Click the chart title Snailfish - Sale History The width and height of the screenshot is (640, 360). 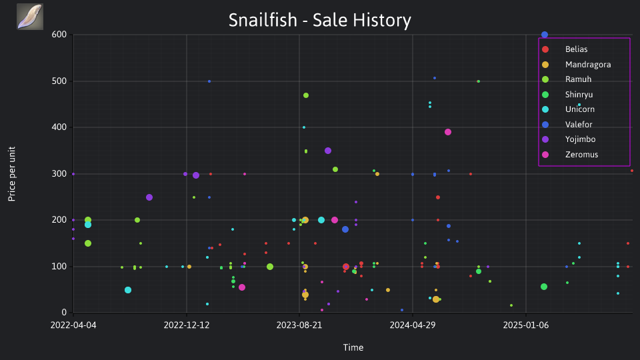(319, 20)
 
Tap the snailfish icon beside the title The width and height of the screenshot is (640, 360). (30, 17)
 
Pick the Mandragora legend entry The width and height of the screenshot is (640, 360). (576, 65)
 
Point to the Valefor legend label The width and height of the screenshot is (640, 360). (579, 125)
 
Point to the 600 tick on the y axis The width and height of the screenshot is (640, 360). (59, 35)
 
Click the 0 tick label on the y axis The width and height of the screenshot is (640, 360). (64, 313)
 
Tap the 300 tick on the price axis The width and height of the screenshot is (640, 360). (59, 173)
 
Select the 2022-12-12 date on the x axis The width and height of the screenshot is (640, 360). (187, 325)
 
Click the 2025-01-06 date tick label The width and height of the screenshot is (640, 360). (526, 325)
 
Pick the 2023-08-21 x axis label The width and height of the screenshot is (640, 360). (299, 325)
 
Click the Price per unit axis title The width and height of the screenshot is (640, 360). (12, 174)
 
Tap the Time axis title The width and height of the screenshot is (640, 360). (353, 348)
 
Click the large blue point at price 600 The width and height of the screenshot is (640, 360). (545, 35)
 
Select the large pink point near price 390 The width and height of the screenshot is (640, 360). (448, 132)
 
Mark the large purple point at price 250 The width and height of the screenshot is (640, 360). (149, 197)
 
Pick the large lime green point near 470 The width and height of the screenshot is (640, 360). (306, 95)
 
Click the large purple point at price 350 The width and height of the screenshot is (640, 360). (328, 151)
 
